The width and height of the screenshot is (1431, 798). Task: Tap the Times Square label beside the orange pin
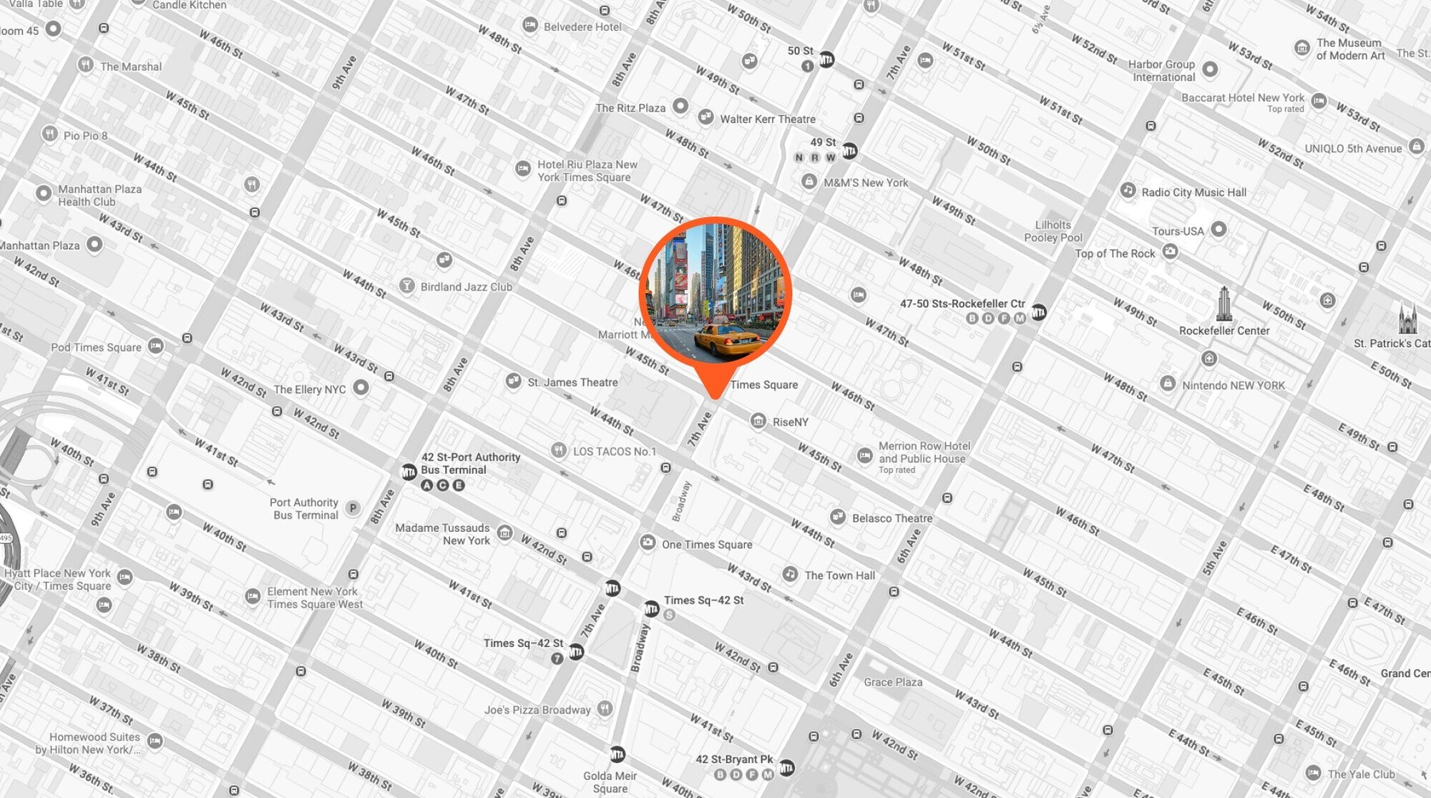(763, 385)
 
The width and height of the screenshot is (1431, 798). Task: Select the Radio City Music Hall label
(1193, 193)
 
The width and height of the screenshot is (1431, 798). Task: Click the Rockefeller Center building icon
(1224, 303)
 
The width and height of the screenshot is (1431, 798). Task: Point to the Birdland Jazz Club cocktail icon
(407, 286)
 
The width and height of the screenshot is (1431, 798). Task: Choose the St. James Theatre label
(572, 383)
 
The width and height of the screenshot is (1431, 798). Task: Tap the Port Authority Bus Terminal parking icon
(353, 508)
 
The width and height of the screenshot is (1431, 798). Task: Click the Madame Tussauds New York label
(443, 534)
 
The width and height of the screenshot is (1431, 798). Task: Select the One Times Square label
(707, 545)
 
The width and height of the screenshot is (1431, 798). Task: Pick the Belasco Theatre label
(892, 518)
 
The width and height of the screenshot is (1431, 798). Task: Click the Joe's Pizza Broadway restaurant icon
(605, 709)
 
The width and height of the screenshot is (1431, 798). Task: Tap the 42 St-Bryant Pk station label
(734, 759)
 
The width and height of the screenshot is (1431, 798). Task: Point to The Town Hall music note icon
(790, 574)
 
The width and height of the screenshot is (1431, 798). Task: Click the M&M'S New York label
(865, 183)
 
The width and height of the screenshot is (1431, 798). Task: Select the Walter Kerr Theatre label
(767, 120)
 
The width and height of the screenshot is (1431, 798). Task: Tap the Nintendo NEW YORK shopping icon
(1167, 384)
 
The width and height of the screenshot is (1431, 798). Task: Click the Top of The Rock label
(1115, 253)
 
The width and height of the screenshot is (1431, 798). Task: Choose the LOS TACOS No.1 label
(614, 452)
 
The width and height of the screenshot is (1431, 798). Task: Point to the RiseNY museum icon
(758, 421)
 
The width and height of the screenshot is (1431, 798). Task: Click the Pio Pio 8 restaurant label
(85, 136)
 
